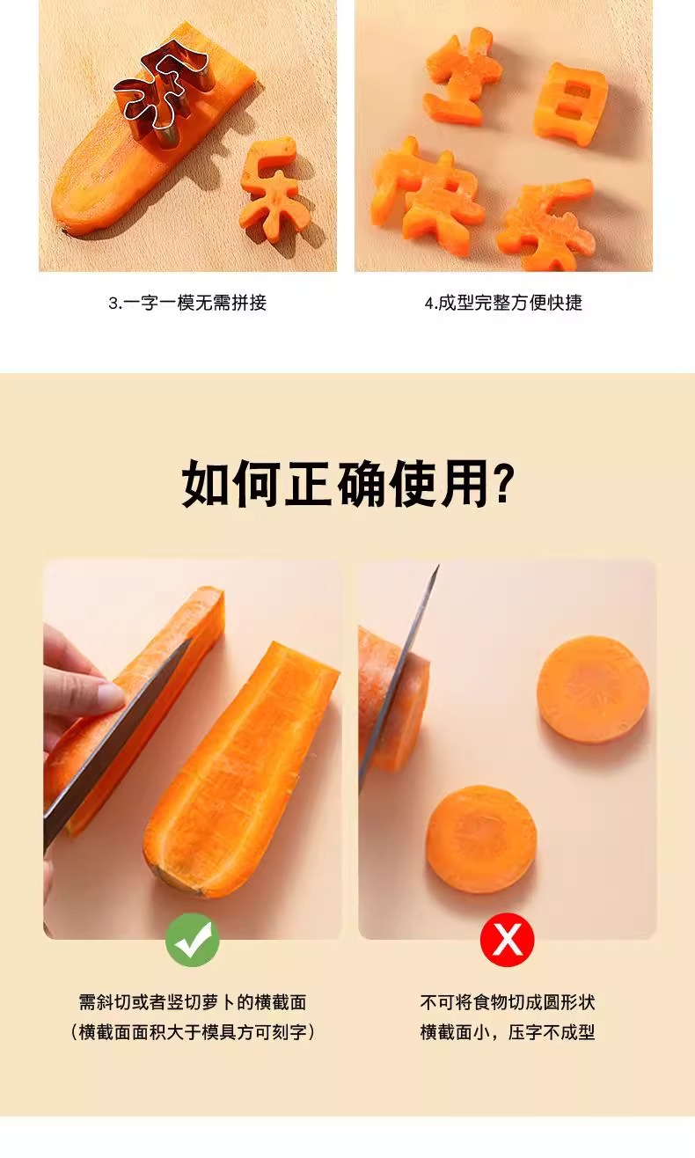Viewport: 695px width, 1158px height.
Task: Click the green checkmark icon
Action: coord(192,940)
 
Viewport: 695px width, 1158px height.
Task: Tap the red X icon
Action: coord(507,940)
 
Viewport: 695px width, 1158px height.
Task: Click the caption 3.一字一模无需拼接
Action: coord(187,303)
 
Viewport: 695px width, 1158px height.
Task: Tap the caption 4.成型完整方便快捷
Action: coord(503,303)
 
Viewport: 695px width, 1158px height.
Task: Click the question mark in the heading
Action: coord(503,482)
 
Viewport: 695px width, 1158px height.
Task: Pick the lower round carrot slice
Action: coord(481,839)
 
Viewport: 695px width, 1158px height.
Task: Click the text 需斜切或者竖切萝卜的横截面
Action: coord(192,1002)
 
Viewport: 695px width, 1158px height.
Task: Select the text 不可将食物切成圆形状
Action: coord(507,1002)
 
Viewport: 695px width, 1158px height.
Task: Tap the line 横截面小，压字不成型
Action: coord(507,1032)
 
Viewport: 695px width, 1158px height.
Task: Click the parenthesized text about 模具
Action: coord(192,1032)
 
